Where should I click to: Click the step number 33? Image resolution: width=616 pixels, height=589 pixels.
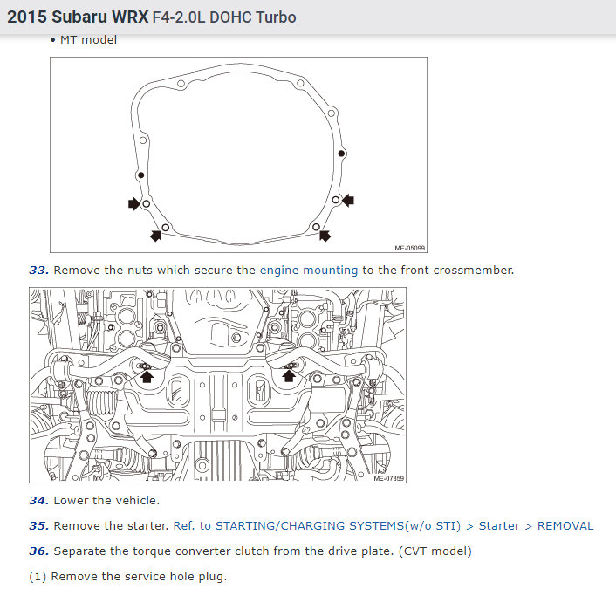39,271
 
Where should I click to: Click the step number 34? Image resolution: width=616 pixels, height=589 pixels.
39,501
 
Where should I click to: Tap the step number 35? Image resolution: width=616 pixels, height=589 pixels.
39,526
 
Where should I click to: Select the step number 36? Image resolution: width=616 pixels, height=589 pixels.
39,551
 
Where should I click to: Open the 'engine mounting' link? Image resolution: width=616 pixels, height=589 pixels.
309,271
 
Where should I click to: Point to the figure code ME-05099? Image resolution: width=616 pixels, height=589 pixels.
409,249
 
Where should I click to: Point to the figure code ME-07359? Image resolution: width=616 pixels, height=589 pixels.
388,478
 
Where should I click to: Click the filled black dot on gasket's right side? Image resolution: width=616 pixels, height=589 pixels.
341,154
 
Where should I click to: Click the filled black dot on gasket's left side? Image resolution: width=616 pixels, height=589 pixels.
141,175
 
